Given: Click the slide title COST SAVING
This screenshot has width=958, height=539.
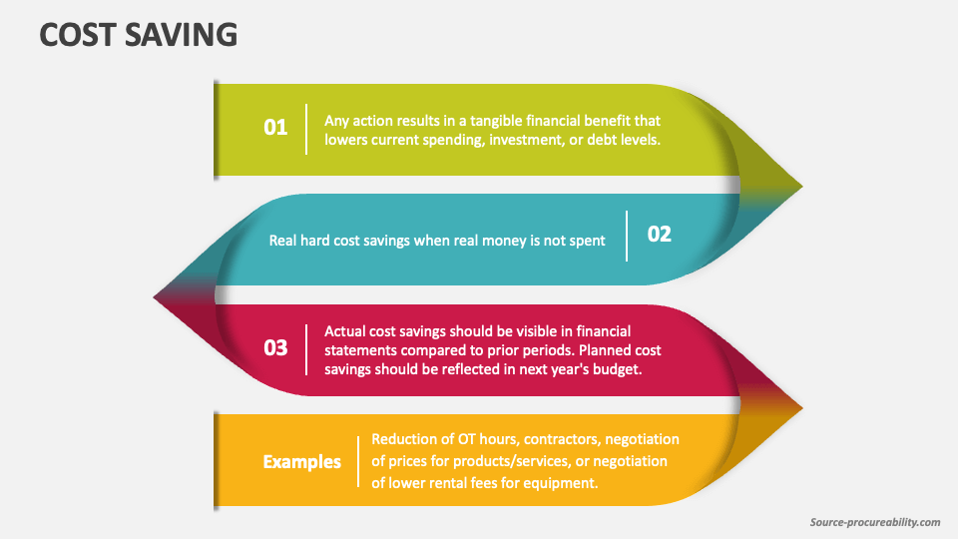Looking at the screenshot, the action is click(138, 34).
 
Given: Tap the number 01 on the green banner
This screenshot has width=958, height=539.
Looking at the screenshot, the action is click(275, 127).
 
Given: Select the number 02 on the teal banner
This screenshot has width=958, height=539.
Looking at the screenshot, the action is click(660, 234).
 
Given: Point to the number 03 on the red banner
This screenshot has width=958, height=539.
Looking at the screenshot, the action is click(275, 347).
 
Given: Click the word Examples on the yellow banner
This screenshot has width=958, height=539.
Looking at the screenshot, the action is click(301, 461).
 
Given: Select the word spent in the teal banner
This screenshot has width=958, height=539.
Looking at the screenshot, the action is click(587, 241).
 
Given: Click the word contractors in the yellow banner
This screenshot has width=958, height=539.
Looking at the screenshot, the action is click(562, 439).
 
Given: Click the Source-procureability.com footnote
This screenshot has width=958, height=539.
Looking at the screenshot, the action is click(875, 522).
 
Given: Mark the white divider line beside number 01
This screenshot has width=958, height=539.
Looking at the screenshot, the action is click(306, 129).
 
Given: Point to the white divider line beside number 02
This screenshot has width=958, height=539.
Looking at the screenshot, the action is click(627, 236).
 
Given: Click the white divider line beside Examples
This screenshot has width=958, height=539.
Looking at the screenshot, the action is click(358, 461).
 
